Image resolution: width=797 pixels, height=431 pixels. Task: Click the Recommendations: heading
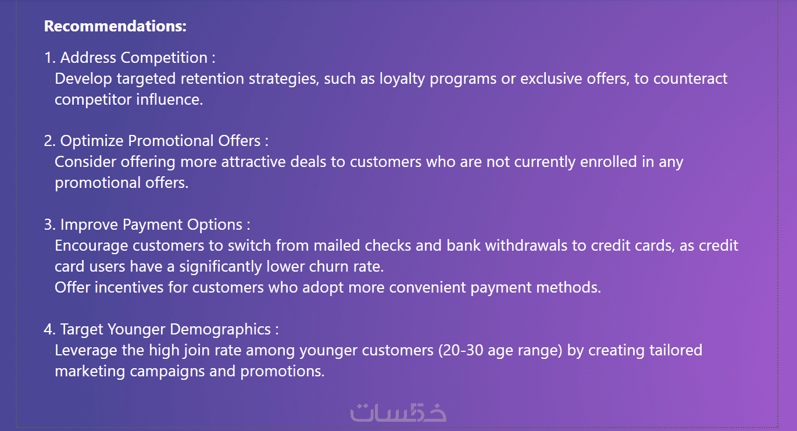point(115,26)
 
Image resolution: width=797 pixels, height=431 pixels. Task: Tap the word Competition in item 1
point(164,58)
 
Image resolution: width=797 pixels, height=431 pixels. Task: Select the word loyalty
point(402,79)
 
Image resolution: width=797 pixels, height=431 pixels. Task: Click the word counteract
point(690,79)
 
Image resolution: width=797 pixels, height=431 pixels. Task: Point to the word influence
point(169,99)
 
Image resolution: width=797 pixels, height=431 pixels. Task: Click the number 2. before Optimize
point(50,141)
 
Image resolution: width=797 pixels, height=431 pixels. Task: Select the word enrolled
point(609,162)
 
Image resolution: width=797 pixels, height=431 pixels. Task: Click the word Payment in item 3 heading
point(153,225)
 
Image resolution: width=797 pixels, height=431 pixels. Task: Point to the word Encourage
point(91,246)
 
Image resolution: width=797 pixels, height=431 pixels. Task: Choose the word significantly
point(220,267)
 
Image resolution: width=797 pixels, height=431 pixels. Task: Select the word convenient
point(427,287)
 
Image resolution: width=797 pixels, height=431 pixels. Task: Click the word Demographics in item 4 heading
point(220,330)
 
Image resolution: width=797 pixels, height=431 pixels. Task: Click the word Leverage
point(86,351)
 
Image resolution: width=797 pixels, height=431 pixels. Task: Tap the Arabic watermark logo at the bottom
point(399,412)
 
